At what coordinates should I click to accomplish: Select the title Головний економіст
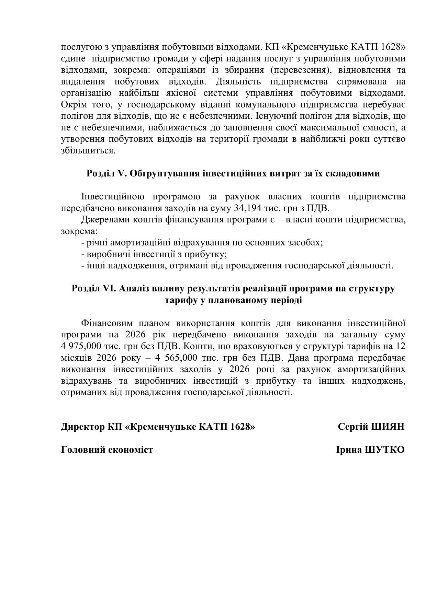click(107, 449)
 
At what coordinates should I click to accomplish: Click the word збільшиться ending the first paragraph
click(88, 151)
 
